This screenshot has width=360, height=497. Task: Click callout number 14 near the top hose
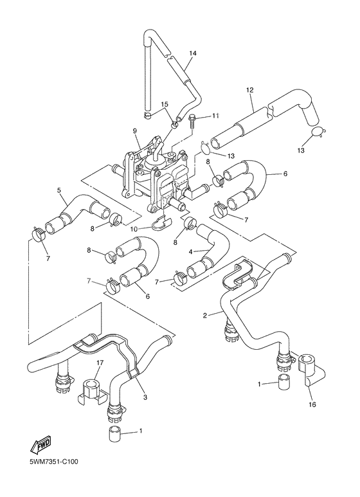[192, 53]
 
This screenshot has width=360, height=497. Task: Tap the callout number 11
[198, 116]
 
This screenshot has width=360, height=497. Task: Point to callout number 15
[165, 104]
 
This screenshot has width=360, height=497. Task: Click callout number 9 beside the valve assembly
[136, 131]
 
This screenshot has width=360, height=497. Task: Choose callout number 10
[134, 228]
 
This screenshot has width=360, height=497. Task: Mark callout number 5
[59, 190]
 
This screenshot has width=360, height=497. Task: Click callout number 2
[204, 315]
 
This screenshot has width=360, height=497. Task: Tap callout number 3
[145, 397]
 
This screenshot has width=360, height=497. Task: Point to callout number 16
[313, 405]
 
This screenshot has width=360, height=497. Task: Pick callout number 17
[100, 363]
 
